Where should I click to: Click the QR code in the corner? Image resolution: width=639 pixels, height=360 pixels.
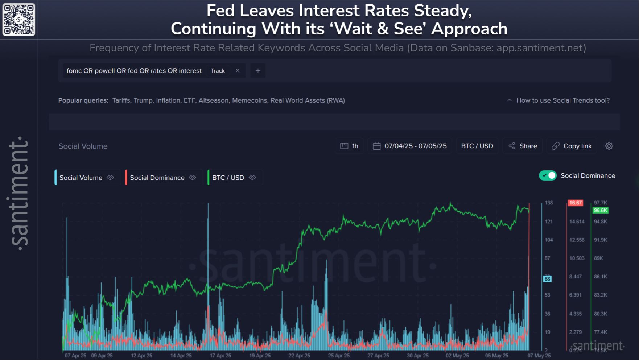click(19, 20)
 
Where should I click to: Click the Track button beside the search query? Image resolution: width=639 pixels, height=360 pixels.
click(218, 71)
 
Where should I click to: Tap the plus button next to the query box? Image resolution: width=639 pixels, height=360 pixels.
click(258, 71)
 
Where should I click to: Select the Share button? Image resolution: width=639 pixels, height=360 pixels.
click(523, 146)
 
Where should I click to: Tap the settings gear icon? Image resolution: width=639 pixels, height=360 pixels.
click(609, 146)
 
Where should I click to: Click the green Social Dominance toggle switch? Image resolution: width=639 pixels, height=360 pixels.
click(548, 175)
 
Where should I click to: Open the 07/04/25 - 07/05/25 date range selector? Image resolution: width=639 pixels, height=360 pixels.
click(410, 146)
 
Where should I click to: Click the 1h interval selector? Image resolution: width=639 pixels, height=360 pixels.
click(349, 146)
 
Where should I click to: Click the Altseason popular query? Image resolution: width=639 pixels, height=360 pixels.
click(214, 100)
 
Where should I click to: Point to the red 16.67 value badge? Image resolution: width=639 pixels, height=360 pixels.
click(575, 203)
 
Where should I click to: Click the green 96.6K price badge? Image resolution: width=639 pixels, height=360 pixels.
click(601, 210)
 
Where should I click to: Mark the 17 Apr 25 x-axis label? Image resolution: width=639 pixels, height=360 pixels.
click(220, 356)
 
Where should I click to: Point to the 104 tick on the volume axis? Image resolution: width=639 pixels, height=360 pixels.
click(549, 240)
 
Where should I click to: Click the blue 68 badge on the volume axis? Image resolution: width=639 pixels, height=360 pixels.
click(547, 279)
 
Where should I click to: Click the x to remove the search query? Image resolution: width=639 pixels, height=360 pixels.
click(238, 71)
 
